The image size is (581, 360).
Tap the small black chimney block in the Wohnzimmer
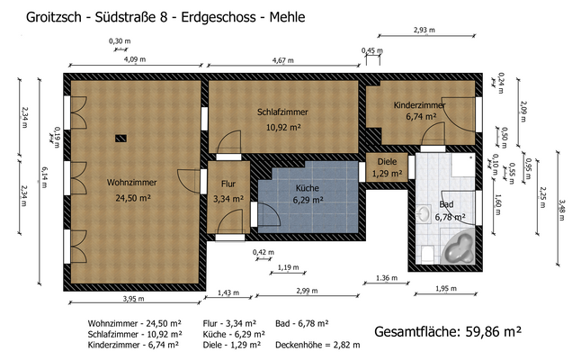121,138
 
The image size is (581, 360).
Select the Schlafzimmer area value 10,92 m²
282,127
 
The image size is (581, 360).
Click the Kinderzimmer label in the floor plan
419,105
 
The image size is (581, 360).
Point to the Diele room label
387,162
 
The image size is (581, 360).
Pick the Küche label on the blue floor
308,188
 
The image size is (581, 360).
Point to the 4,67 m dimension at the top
283,60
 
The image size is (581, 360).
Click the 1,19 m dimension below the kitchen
289,267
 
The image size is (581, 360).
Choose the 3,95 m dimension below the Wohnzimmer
133,300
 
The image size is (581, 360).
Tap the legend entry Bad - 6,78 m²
302,322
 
